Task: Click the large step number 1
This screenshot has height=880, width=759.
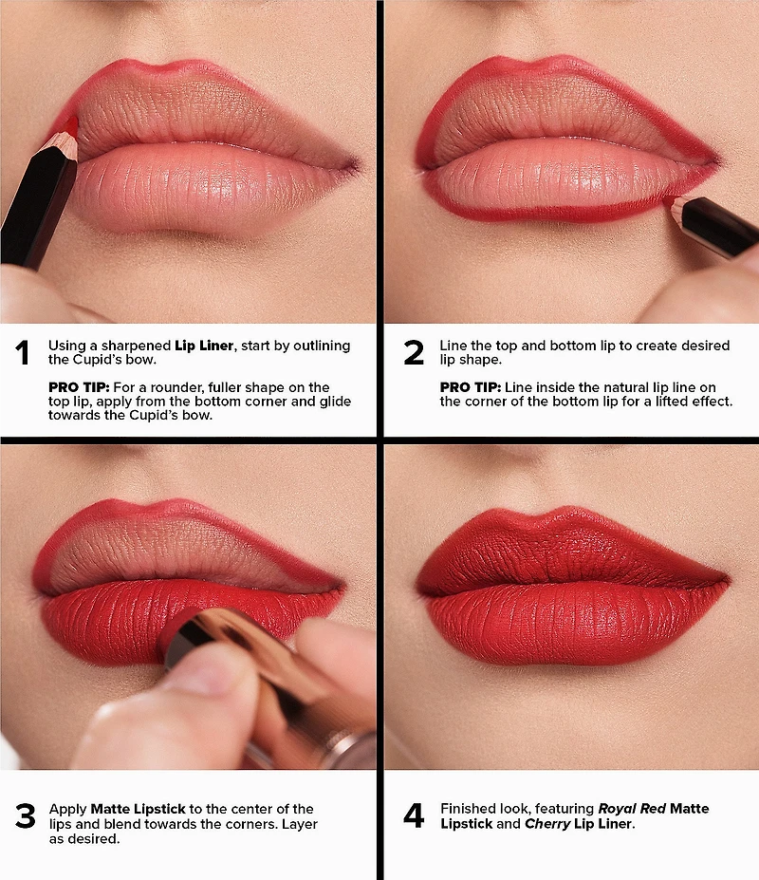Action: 22,352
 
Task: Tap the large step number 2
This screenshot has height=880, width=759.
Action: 414,352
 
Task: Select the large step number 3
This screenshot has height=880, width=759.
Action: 26,816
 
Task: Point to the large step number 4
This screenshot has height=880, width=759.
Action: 414,815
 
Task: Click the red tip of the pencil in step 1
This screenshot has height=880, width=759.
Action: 70,124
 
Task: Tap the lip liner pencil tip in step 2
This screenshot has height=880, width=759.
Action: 669,200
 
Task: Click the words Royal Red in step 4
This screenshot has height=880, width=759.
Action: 632,808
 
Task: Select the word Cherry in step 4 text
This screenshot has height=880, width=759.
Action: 547,823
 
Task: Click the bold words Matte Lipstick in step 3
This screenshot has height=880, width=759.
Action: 138,809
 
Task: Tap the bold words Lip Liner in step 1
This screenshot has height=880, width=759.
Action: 204,346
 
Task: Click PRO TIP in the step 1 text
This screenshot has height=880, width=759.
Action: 79,387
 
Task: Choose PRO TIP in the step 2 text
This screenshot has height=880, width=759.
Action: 470,387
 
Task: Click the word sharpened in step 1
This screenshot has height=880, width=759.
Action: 136,346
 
